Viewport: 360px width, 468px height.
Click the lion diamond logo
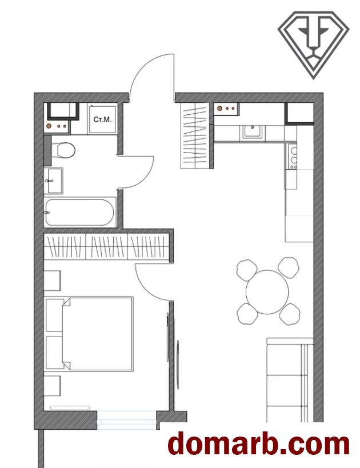[314, 45]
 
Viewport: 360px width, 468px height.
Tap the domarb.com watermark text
[259, 445]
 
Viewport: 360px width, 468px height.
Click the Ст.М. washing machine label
[102, 119]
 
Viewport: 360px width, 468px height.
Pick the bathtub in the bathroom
[79, 213]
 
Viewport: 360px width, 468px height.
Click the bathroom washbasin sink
[54, 181]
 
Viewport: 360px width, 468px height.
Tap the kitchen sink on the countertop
[253, 133]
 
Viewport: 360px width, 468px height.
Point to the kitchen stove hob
[293, 156]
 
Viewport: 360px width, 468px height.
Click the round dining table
[267, 292]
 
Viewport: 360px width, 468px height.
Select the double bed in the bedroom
[89, 334]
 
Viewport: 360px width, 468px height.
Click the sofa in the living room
[290, 380]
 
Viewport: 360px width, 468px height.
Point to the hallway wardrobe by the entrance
[194, 135]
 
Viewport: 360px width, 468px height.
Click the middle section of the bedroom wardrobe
[106, 246]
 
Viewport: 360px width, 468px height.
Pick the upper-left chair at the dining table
[246, 270]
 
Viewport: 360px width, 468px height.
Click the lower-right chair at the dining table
[290, 314]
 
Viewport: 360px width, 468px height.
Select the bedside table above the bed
[52, 281]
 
